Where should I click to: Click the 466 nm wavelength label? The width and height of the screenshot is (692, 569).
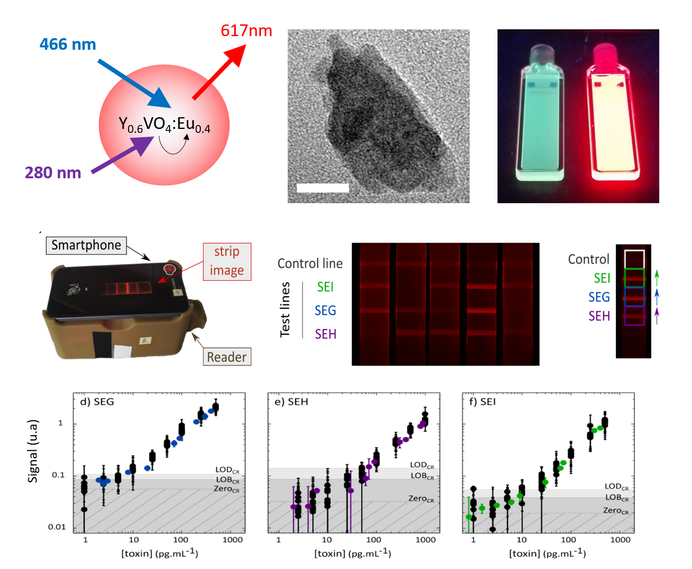click(67, 44)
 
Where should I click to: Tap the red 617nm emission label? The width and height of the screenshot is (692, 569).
click(246, 31)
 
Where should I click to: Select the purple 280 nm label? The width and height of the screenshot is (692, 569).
click(53, 173)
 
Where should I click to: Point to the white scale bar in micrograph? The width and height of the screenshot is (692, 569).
click(323, 188)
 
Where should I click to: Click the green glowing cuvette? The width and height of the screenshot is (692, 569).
click(540, 117)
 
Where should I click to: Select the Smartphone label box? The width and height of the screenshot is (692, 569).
click(86, 245)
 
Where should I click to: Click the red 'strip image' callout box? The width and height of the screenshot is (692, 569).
click(227, 261)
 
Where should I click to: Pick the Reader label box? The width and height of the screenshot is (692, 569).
click(227, 357)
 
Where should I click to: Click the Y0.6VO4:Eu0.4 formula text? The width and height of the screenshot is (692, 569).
click(164, 125)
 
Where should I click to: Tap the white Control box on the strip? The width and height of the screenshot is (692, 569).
click(634, 259)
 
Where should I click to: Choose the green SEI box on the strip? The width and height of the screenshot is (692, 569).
click(634, 277)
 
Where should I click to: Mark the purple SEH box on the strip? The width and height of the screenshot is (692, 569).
click(634, 316)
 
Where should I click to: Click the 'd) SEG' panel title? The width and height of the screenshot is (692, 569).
click(97, 402)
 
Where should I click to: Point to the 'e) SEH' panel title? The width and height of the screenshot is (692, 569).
click(291, 402)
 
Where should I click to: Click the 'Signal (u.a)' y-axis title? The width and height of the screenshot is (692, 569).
click(33, 451)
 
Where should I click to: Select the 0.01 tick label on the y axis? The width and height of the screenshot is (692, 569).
click(57, 527)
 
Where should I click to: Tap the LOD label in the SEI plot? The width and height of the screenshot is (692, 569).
click(616, 487)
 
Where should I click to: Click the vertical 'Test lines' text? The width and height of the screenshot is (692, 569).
click(285, 310)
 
